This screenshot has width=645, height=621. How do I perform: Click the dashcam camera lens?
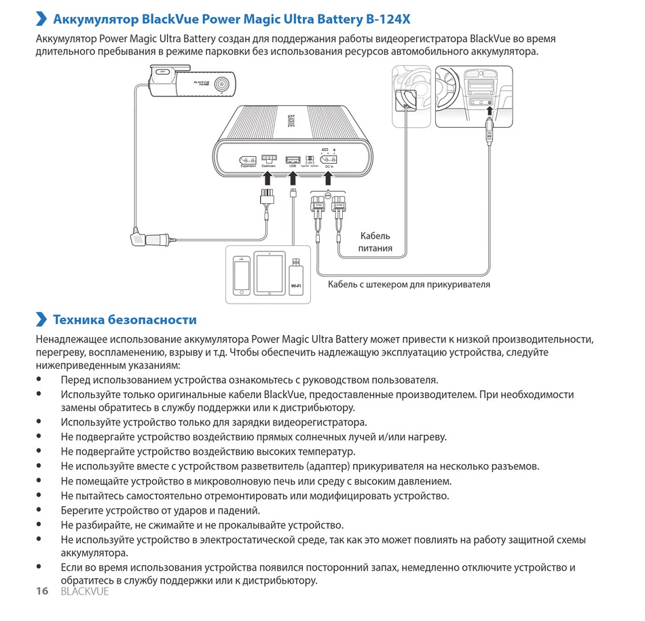(x=222, y=84)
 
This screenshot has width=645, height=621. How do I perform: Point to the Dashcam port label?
(x=269, y=166)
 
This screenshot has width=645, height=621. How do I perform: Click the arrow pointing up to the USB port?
(x=293, y=178)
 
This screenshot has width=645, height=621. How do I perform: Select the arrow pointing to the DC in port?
(x=329, y=178)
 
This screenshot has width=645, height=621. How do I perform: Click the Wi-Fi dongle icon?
(x=296, y=276)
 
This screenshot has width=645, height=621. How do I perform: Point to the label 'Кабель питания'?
(x=375, y=242)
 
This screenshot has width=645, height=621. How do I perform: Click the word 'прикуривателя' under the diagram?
(x=459, y=284)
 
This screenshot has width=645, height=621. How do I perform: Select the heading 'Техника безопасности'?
(x=125, y=320)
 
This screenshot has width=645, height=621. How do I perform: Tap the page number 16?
(x=42, y=591)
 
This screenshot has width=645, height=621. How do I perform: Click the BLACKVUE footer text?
(x=84, y=591)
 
